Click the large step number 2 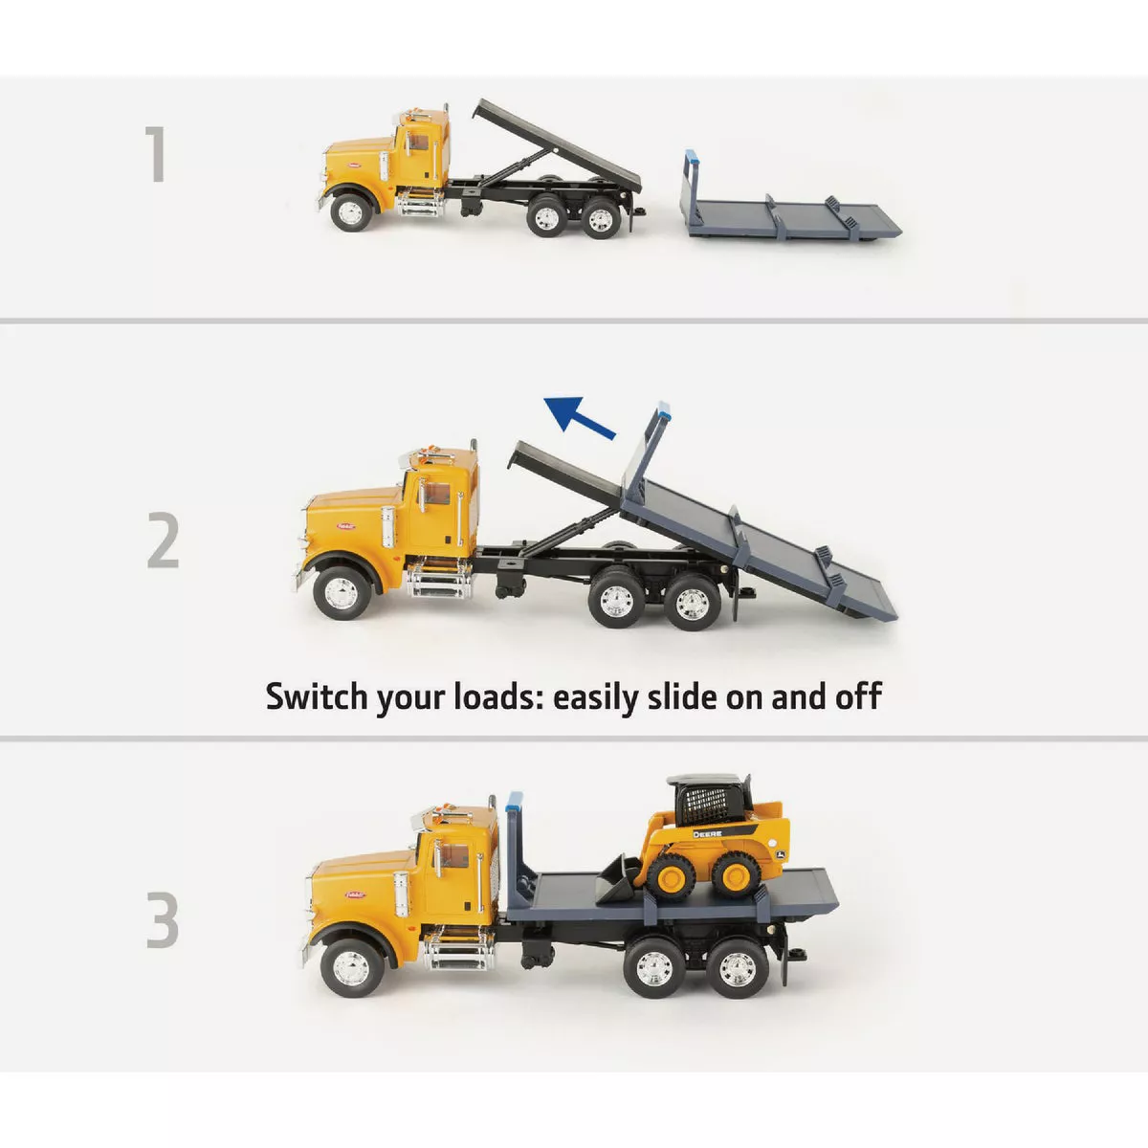pyautogui.click(x=164, y=541)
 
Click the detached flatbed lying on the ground pyautogui.click(x=789, y=212)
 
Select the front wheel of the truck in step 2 pyautogui.click(x=339, y=593)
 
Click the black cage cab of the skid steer pyautogui.click(x=710, y=800)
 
